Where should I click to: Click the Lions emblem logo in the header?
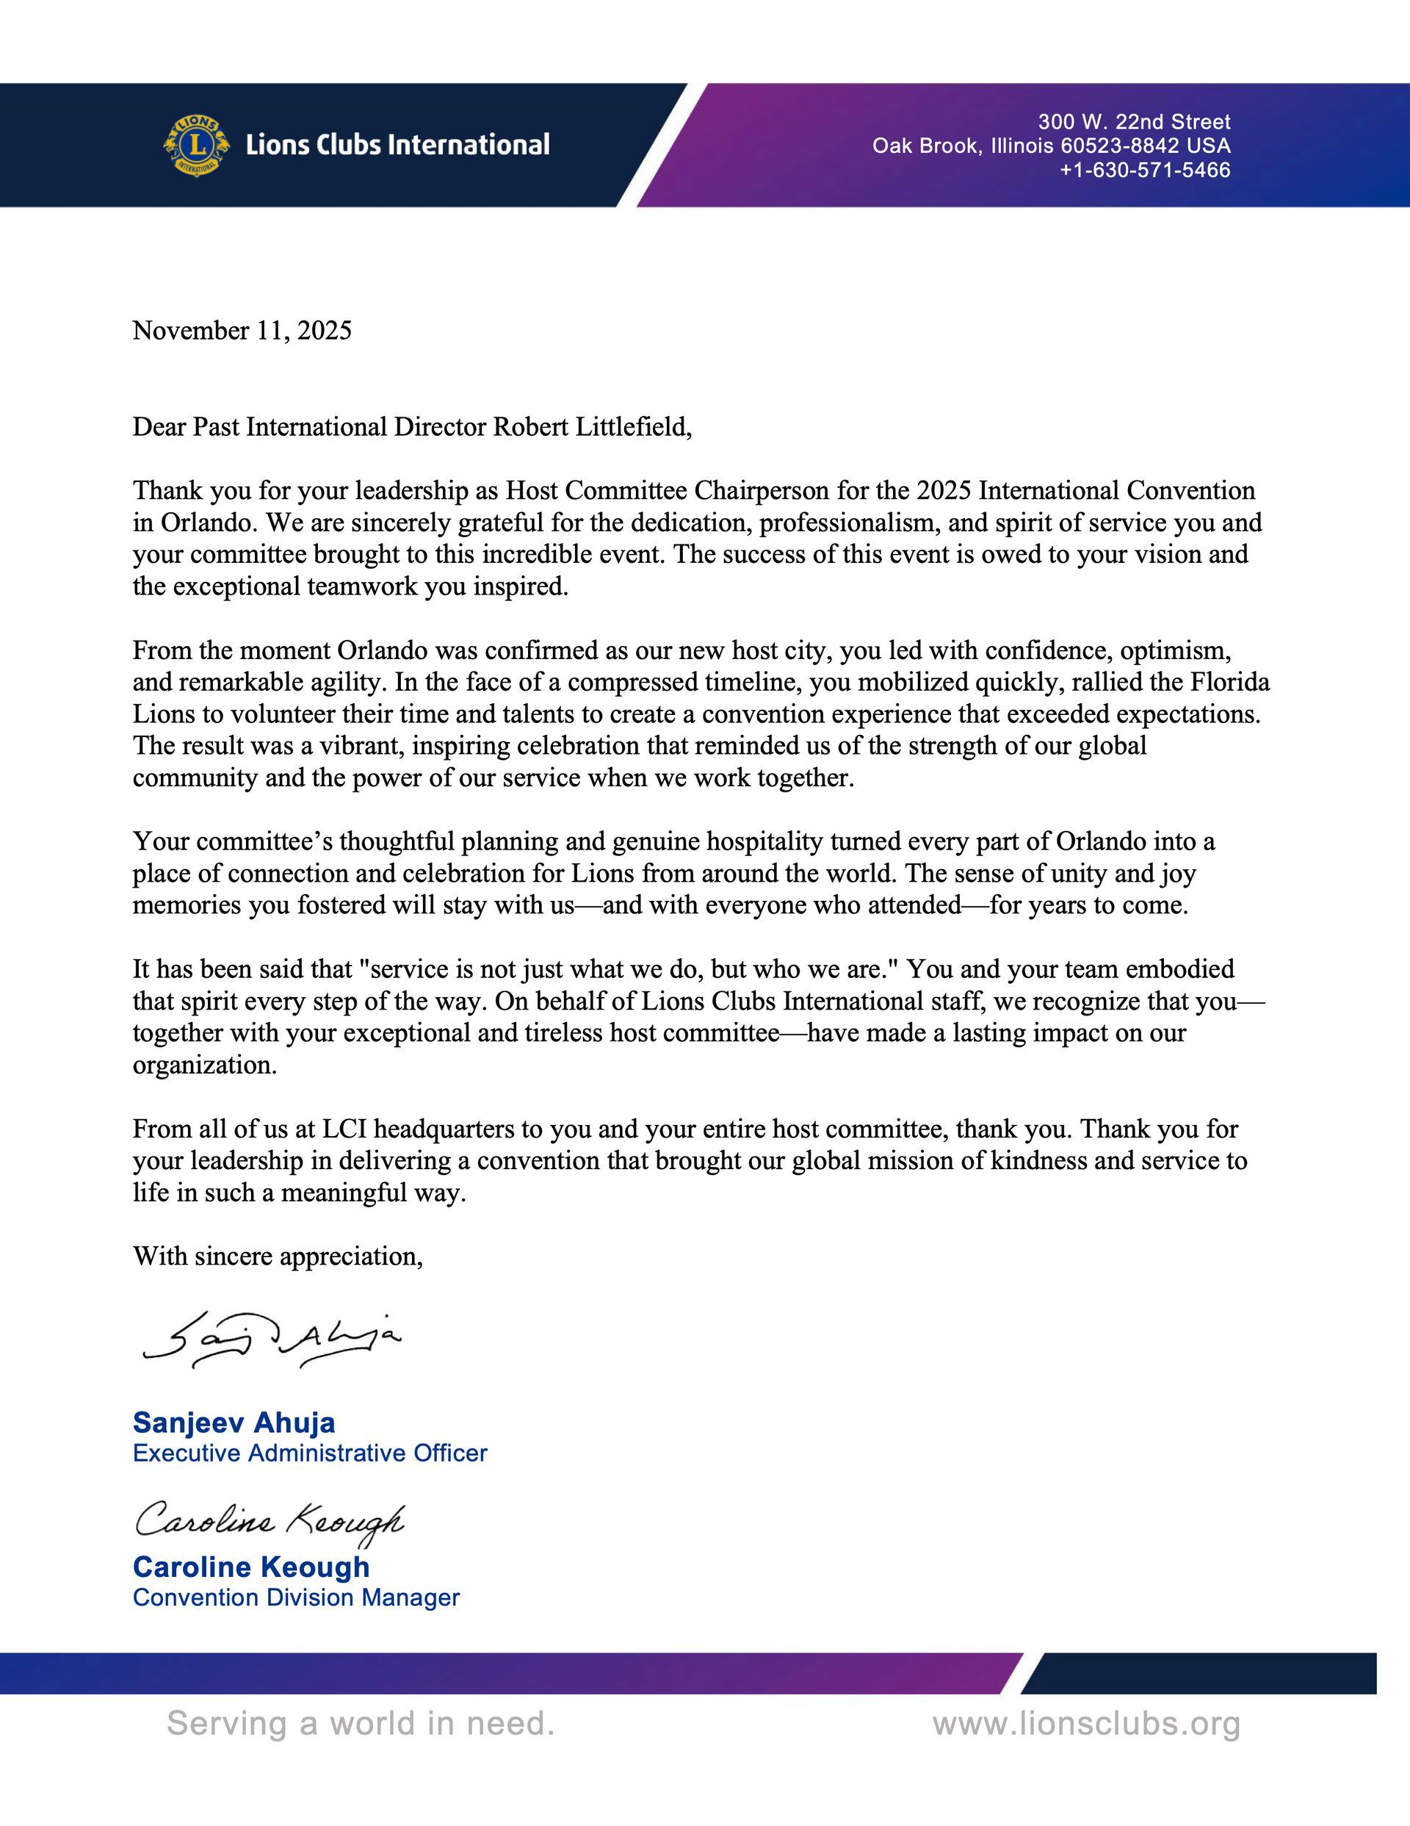[195, 145]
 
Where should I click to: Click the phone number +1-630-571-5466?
[1145, 170]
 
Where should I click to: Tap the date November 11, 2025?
[242, 331]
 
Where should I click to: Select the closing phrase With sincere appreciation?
[278, 1256]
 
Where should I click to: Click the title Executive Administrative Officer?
[309, 1453]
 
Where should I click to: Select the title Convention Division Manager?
[296, 1597]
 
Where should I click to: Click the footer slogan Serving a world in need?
[361, 1723]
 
